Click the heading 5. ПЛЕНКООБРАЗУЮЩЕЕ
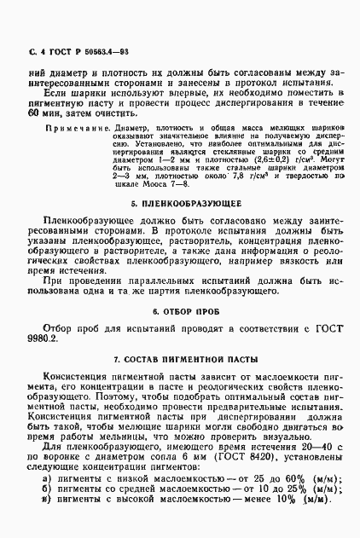coord(184,205)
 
